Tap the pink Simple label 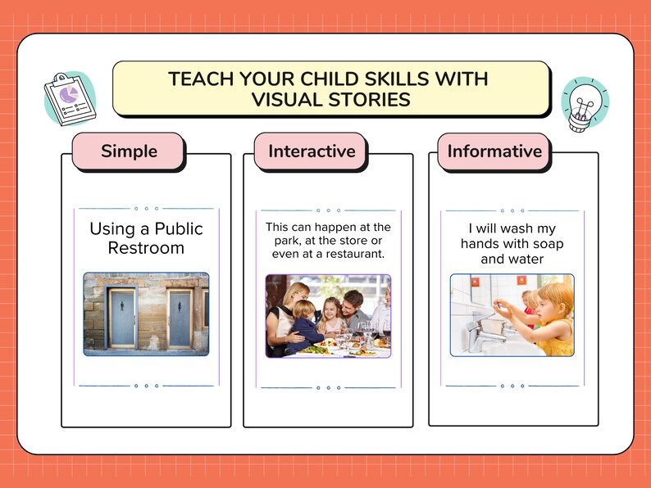(x=129, y=151)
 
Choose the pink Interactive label (x=312, y=151)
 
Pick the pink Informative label (x=494, y=151)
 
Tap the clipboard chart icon (x=70, y=97)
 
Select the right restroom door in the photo (x=179, y=319)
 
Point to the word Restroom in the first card (x=146, y=248)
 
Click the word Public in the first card (x=178, y=228)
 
